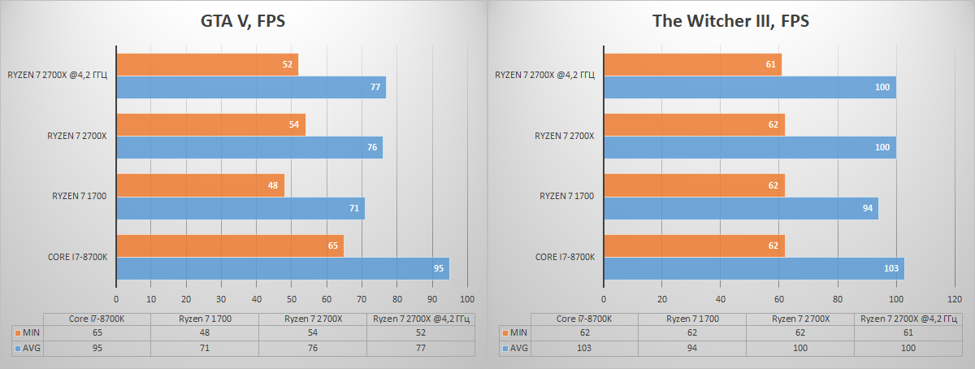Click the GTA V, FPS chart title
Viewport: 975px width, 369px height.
point(243,22)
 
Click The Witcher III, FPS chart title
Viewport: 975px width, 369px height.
point(730,22)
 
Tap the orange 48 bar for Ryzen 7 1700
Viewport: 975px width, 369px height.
point(200,184)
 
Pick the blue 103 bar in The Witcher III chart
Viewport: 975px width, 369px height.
point(753,269)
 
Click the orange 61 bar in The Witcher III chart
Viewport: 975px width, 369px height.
point(692,64)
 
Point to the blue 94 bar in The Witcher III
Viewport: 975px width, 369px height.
point(740,208)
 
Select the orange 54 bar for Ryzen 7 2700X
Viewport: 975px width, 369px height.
point(210,124)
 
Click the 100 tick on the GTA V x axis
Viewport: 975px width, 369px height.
point(467,298)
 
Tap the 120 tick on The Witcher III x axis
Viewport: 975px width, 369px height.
point(954,298)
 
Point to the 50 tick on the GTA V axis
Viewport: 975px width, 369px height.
point(292,298)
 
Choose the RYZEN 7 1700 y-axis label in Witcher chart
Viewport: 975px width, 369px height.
point(567,196)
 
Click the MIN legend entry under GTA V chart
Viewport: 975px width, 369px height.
point(28,333)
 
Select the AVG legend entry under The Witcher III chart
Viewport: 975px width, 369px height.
point(515,348)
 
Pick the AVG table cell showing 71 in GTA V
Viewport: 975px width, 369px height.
point(205,348)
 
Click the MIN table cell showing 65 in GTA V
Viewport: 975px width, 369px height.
point(97,333)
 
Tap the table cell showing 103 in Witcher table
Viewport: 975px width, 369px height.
point(584,348)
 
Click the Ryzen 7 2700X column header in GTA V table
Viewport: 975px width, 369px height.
point(313,319)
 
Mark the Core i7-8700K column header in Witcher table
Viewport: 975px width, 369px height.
point(584,319)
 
